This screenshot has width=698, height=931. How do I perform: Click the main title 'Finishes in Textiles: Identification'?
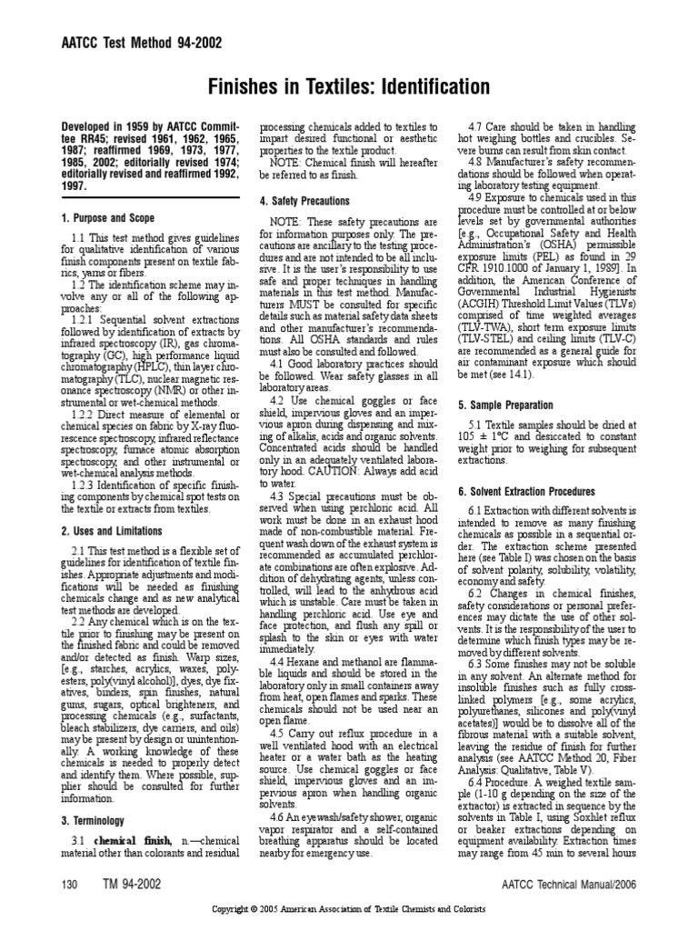click(x=349, y=87)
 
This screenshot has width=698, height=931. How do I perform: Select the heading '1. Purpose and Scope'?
click(x=107, y=218)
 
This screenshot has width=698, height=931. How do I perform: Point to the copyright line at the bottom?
click(x=349, y=909)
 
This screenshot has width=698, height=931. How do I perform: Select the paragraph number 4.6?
click(x=284, y=818)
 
